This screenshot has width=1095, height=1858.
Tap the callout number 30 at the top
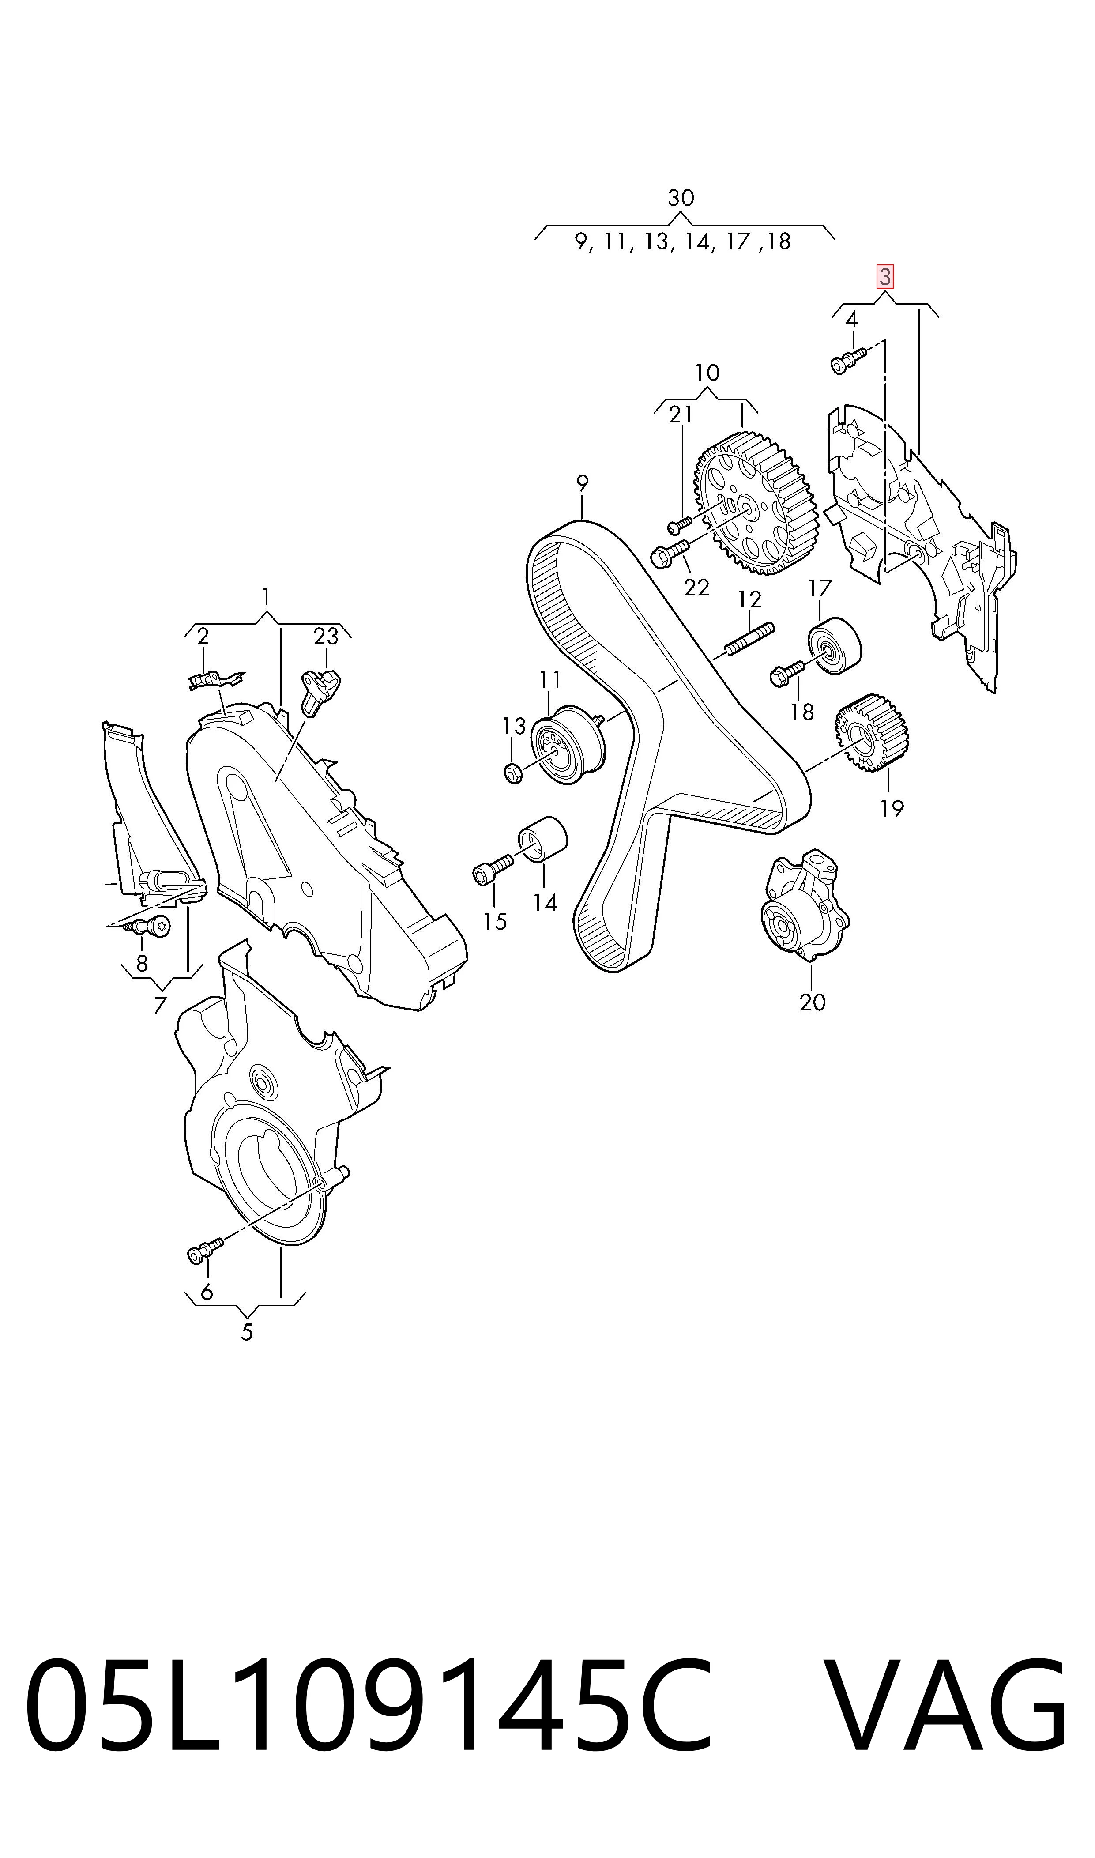tap(680, 198)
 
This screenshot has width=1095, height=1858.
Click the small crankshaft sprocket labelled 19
tap(871, 734)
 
